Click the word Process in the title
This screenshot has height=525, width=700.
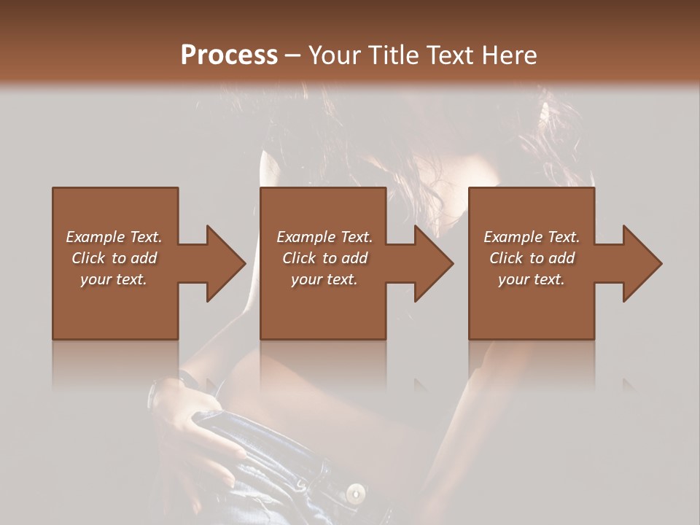[x=229, y=55]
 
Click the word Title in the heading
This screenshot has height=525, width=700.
[x=390, y=55]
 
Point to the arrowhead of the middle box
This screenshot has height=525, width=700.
[x=433, y=263]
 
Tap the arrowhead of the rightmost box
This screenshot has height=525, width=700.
[x=642, y=263]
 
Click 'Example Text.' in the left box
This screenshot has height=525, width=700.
[x=114, y=237]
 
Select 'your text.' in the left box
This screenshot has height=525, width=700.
[x=114, y=279]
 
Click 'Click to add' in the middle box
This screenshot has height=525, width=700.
[x=324, y=258]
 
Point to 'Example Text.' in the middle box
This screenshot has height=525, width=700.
[x=324, y=237]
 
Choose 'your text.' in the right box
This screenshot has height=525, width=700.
[x=532, y=279]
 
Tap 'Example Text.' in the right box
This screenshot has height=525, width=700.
[x=532, y=237]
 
